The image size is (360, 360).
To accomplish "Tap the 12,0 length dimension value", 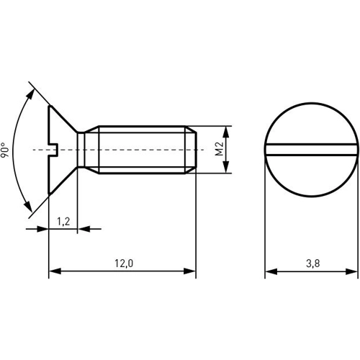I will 123,264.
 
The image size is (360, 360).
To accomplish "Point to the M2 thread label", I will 219,149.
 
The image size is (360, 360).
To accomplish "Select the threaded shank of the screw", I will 140,150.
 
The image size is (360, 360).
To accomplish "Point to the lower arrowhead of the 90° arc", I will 32,208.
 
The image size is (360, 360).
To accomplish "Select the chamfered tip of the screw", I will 192,150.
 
